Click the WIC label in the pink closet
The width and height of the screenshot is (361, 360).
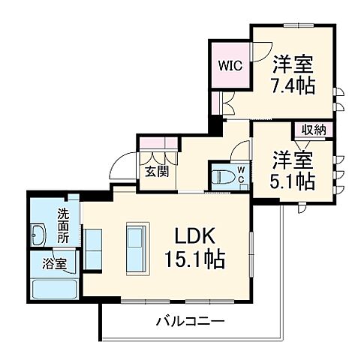click(x=229, y=64)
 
